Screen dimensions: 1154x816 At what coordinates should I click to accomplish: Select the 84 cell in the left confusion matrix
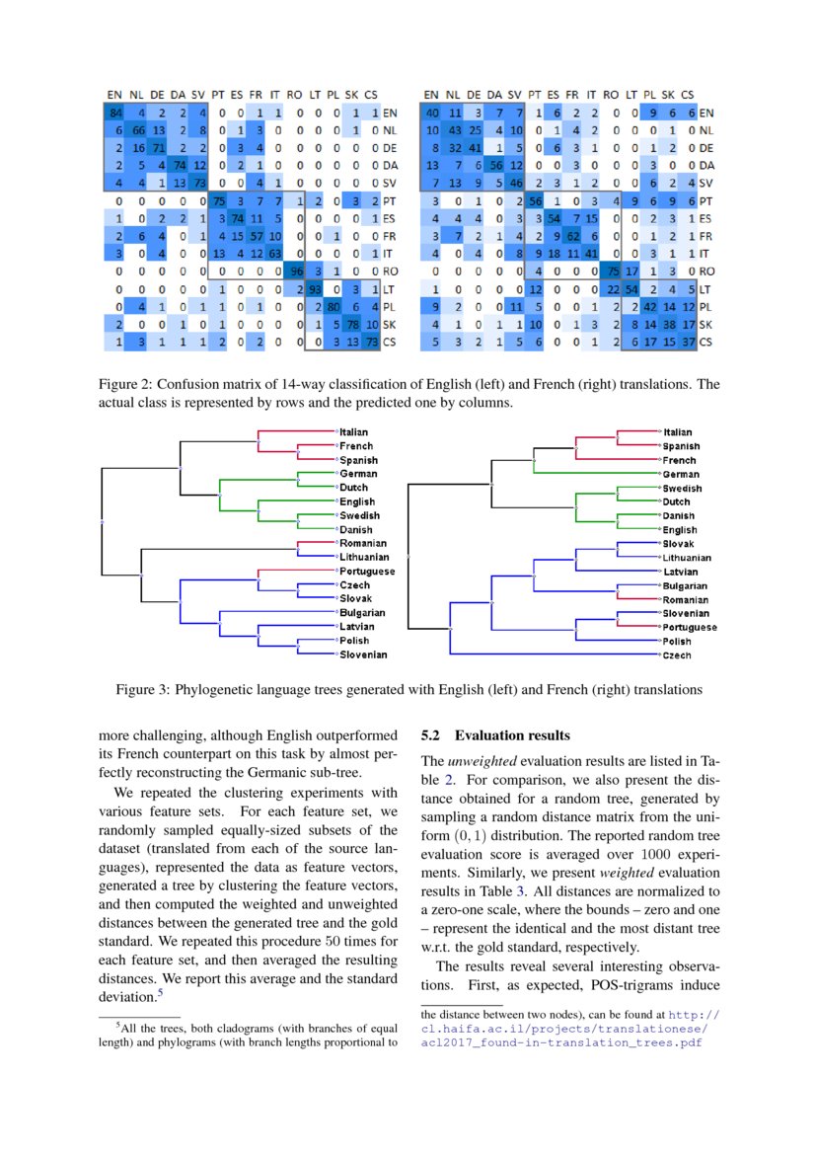(x=115, y=114)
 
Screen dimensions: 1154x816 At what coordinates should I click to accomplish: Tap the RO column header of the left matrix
(x=294, y=96)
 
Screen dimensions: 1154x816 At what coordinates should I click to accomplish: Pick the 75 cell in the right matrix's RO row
(x=614, y=269)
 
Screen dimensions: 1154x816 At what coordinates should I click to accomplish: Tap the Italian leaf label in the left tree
(x=354, y=432)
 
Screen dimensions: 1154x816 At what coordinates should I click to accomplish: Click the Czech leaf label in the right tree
(x=677, y=655)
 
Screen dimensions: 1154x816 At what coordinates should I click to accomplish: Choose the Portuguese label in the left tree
(x=366, y=572)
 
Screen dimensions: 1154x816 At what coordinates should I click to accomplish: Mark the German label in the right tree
(x=680, y=475)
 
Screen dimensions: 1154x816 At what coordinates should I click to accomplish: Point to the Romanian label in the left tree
(x=362, y=543)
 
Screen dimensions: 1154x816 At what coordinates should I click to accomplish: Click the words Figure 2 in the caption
(x=123, y=384)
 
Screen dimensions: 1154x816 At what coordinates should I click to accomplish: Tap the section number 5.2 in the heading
(x=431, y=735)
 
